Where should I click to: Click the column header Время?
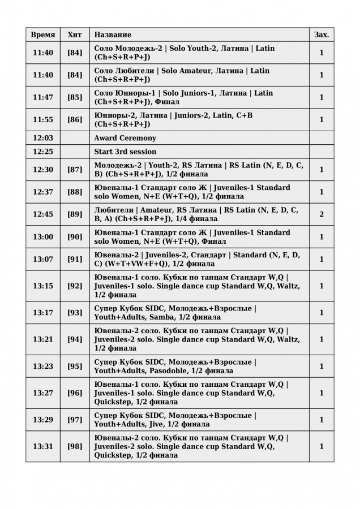(43, 34)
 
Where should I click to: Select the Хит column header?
(75, 34)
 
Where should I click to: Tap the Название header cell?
(113, 34)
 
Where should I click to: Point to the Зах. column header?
(322, 34)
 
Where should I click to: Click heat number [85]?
(75, 97)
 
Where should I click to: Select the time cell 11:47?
(43, 97)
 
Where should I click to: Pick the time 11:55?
(43, 119)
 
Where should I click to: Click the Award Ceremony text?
(125, 138)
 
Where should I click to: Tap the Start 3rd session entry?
(125, 152)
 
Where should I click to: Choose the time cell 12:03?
(43, 138)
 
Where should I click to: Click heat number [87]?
(75, 170)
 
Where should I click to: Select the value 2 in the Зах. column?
(322, 214)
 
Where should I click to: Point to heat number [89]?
(75, 214)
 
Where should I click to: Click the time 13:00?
(43, 237)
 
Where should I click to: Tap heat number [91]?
(75, 259)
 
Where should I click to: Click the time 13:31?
(43, 446)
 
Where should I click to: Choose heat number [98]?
(75, 446)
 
